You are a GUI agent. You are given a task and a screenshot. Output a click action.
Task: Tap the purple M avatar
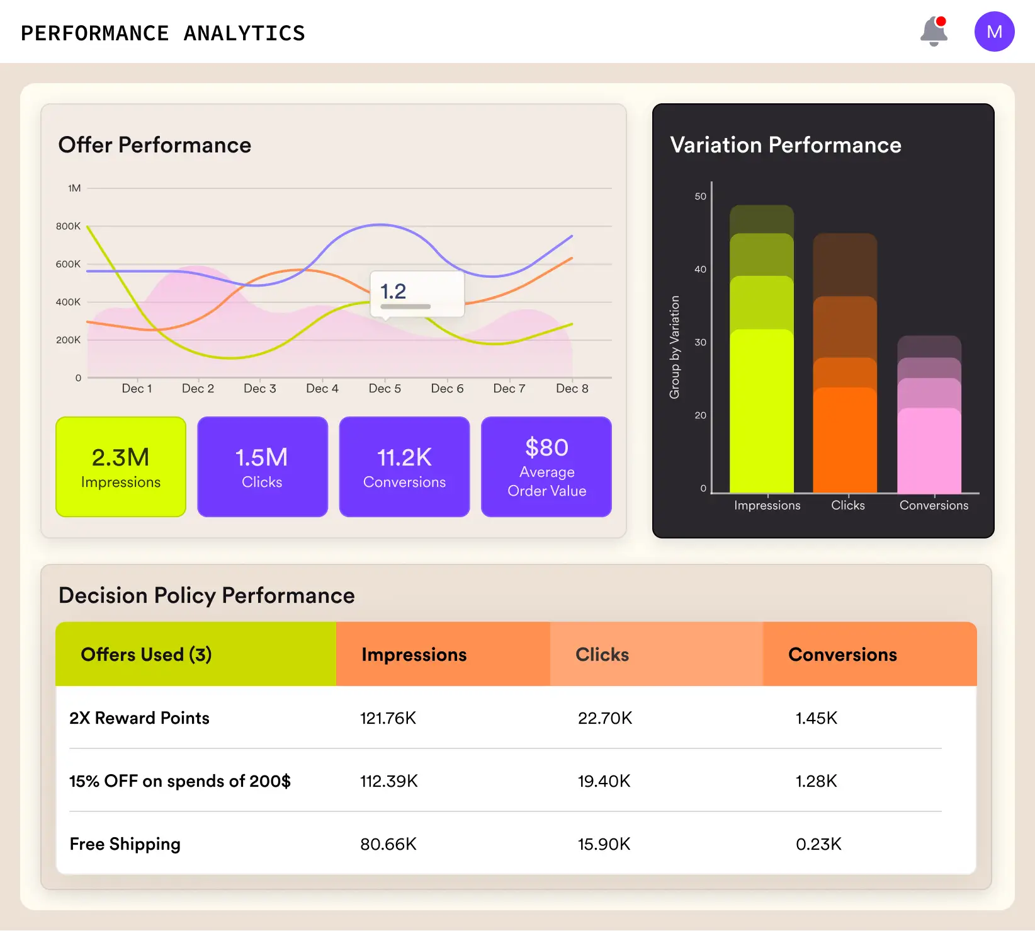click(994, 31)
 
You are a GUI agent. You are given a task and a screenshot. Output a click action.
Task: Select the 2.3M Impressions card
click(121, 467)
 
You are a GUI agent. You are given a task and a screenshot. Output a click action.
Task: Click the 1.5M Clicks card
click(263, 467)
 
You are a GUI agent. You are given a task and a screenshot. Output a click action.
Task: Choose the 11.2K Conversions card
click(404, 467)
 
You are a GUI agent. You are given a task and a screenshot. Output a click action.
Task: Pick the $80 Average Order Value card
click(546, 467)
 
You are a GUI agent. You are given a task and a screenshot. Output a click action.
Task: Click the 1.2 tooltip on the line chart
click(417, 294)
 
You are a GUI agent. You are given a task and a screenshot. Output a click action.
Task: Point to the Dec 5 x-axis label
click(385, 389)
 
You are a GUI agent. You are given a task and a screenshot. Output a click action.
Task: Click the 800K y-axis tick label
click(68, 226)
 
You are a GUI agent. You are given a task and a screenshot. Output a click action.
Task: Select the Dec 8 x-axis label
click(572, 389)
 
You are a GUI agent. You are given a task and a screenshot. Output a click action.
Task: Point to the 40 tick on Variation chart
click(700, 270)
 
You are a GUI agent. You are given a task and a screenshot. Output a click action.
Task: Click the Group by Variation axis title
click(674, 347)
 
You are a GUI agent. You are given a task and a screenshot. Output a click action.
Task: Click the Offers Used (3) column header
click(146, 654)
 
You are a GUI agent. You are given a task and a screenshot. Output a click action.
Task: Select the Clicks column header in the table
click(602, 654)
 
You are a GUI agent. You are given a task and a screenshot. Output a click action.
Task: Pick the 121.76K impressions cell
click(388, 718)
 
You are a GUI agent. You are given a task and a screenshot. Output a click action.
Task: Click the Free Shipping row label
click(125, 844)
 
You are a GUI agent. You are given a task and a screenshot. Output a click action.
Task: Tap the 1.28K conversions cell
click(816, 781)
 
